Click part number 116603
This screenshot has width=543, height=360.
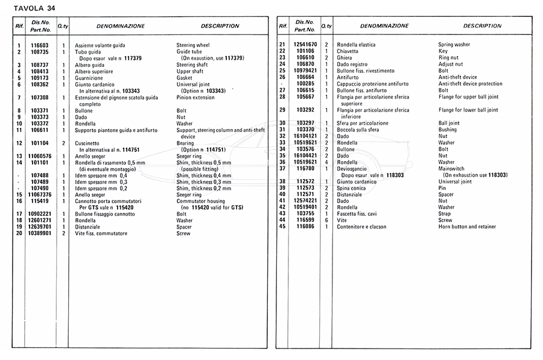(x=40, y=45)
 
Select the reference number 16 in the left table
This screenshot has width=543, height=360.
(x=19, y=201)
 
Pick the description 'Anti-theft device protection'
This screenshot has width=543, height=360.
(x=470, y=84)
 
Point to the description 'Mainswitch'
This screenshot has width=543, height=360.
(x=452, y=168)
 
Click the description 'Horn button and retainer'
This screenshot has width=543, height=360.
(x=467, y=227)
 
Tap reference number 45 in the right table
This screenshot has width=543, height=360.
(x=282, y=227)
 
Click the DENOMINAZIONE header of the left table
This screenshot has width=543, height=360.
(x=121, y=27)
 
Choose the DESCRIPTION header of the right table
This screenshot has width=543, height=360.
(x=482, y=27)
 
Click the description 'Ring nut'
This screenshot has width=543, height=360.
(x=449, y=58)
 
